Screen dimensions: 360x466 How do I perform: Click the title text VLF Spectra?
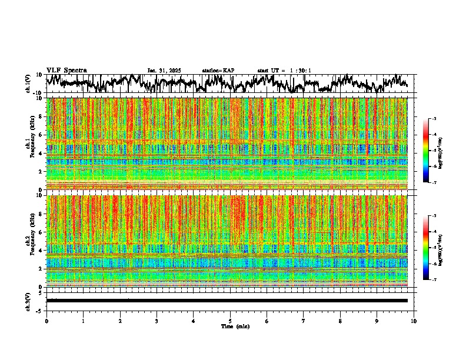[66, 71]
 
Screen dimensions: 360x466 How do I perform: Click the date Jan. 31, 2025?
[164, 71]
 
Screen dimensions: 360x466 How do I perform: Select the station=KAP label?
[218, 71]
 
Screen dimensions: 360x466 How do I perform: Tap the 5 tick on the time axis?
[230, 321]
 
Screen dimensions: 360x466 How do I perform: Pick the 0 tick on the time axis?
[46, 321]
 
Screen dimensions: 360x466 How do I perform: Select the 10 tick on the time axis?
[414, 321]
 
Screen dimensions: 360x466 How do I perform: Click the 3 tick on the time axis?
[157, 321]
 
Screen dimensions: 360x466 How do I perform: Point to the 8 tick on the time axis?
[340, 321]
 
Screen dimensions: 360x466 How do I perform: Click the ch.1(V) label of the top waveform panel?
[28, 84]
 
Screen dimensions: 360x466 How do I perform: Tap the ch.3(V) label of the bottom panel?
[28, 301]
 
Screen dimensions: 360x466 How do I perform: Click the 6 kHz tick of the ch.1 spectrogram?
[41, 135]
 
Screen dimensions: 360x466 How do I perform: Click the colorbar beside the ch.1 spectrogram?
[431, 151]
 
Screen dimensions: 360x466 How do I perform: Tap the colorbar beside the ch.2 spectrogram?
[431, 248]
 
